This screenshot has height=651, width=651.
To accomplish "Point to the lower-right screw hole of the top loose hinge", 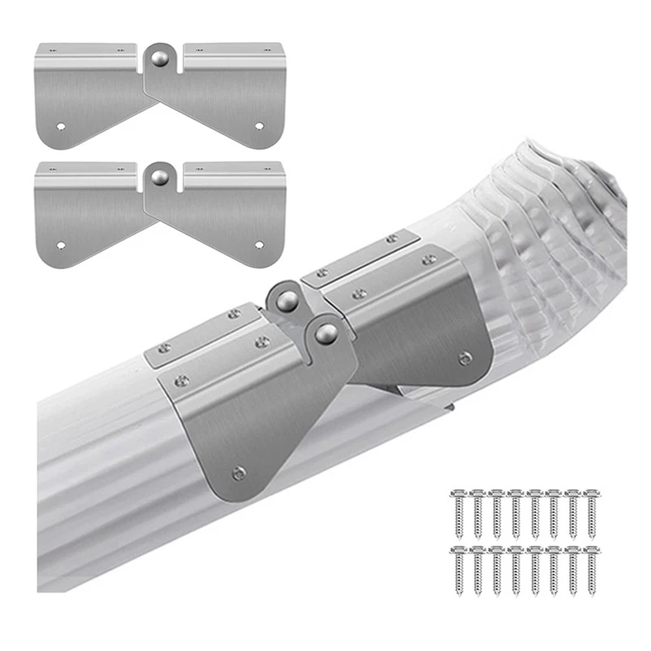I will click(x=260, y=127).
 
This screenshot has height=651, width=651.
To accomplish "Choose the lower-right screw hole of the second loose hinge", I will click(x=260, y=244).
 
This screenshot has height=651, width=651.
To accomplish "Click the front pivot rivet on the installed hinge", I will click(x=326, y=332).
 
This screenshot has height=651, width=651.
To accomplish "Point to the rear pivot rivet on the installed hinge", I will click(x=286, y=301).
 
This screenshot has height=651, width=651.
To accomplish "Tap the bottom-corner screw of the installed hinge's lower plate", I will click(x=238, y=472).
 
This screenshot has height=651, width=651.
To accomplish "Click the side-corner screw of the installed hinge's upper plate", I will click(x=465, y=356).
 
